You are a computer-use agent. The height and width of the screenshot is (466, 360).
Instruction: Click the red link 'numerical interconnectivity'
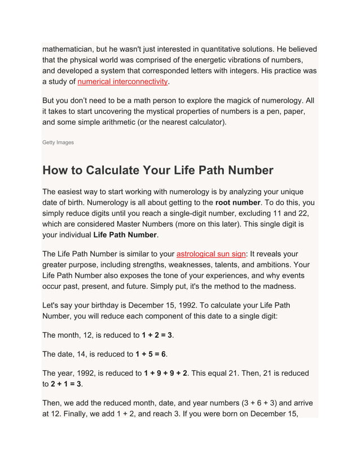coord(122,82)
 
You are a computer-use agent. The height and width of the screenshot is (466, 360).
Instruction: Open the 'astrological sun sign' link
coord(211,254)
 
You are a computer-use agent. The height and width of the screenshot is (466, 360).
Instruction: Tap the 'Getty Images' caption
coord(58,143)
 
